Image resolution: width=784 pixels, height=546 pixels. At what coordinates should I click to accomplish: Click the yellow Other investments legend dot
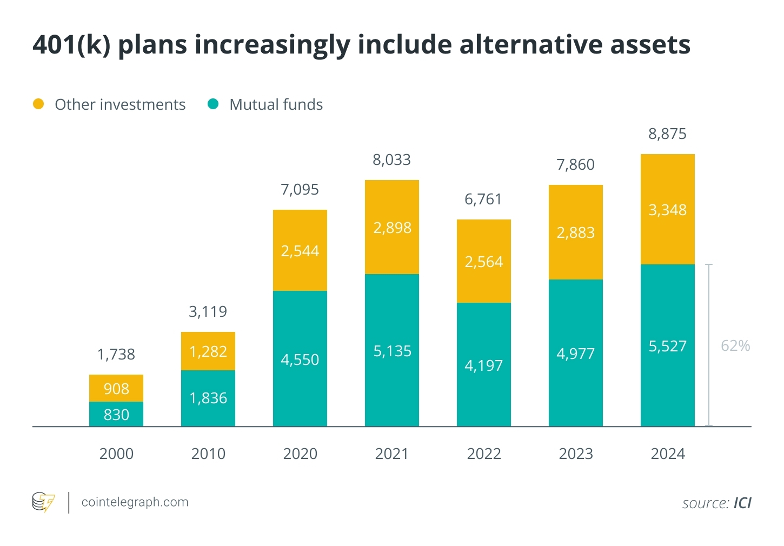pyautogui.click(x=38, y=104)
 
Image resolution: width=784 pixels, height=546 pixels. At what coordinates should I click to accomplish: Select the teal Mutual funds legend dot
pyautogui.click(x=213, y=104)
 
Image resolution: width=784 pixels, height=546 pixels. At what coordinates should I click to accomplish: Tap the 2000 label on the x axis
pyautogui.click(x=116, y=454)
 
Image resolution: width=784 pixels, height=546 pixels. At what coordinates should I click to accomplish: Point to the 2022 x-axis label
pyautogui.click(x=484, y=454)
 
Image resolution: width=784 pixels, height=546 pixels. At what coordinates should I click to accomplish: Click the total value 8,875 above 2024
pyautogui.click(x=667, y=134)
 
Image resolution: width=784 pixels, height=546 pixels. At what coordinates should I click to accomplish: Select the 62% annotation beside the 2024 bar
pyautogui.click(x=735, y=345)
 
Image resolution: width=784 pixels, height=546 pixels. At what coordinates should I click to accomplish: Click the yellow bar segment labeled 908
pyautogui.click(x=116, y=388)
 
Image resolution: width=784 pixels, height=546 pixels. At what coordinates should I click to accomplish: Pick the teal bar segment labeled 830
pyautogui.click(x=116, y=414)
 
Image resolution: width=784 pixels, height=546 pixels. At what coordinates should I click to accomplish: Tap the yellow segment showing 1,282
pyautogui.click(x=208, y=351)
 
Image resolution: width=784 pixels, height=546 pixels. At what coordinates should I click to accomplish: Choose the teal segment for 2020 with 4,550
pyautogui.click(x=300, y=359)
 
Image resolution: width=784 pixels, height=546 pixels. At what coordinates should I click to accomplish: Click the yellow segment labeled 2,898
pyautogui.click(x=392, y=227)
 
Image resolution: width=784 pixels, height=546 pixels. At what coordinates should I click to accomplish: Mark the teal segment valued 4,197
pyautogui.click(x=484, y=365)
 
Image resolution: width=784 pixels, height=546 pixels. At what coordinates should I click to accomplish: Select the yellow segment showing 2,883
pyautogui.click(x=576, y=232)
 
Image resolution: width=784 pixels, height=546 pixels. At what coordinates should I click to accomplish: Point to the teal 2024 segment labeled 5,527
pyautogui.click(x=668, y=345)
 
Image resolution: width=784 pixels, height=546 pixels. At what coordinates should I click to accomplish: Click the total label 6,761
pyautogui.click(x=483, y=199)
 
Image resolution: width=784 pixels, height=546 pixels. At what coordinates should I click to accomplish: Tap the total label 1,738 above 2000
pyautogui.click(x=116, y=355)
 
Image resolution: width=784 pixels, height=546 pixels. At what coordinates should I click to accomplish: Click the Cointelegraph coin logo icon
pyautogui.click(x=44, y=502)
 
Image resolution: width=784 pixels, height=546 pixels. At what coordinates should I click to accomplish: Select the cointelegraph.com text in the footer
pyautogui.click(x=135, y=502)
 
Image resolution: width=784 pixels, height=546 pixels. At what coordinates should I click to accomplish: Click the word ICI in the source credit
pyautogui.click(x=742, y=503)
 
